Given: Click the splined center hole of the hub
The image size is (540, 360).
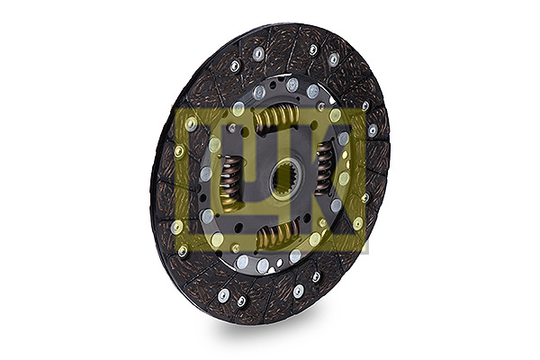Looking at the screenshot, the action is click(286, 178).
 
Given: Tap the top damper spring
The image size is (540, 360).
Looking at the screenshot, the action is click(276, 117).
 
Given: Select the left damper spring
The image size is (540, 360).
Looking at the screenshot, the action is click(229, 180).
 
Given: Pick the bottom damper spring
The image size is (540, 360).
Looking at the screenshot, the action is click(279, 234).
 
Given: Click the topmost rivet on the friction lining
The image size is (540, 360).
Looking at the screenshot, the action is click(312, 49).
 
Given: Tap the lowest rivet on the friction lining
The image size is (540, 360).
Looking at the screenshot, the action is click(241, 301).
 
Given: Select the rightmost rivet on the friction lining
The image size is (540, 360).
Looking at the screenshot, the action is click(373, 130).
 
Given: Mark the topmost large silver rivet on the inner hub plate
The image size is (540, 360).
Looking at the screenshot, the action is click(292, 85).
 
